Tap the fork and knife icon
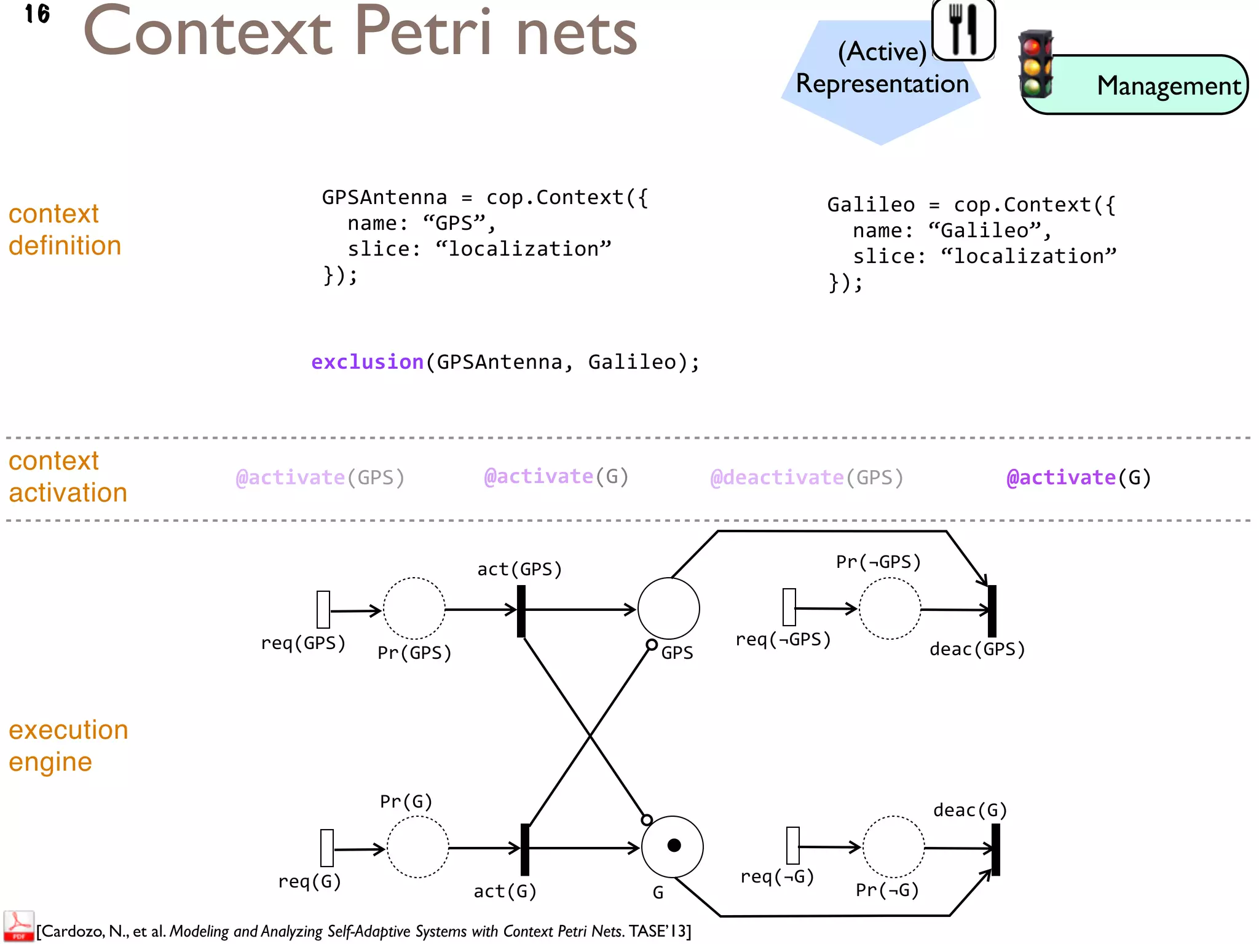pos(963,29)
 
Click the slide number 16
pos(37,14)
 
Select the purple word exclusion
pos(367,362)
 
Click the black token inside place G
pos(674,846)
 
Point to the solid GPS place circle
pos(668,608)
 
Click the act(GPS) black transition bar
pos(521,611)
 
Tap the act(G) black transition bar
pos(525,849)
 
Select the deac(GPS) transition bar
pos(992,611)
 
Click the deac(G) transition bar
pos(995,849)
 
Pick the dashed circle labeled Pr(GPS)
pos(414,608)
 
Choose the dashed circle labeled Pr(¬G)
pos(893,847)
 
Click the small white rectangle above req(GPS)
pos(323,609)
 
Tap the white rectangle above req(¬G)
pos(793,846)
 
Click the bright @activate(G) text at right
pos(1078,478)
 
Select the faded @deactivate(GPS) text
pos(807,478)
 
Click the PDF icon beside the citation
pos(18,926)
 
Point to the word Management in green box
pos(1169,86)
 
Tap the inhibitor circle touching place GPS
pos(652,645)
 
